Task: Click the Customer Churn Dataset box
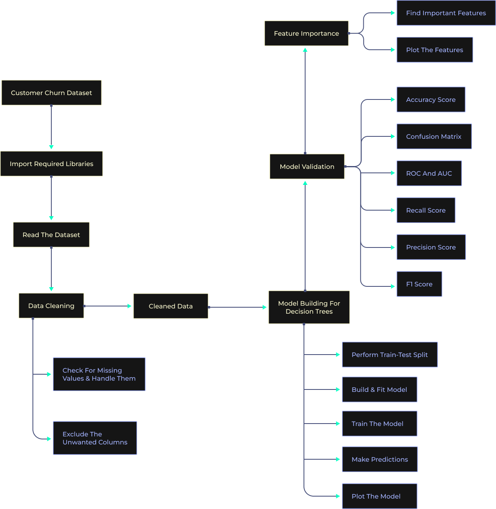51,93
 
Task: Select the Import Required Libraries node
51,164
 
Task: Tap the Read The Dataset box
51,235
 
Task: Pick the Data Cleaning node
51,306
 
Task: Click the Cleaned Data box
170,306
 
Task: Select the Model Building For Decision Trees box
309,307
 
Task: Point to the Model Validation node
307,166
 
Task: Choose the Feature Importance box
306,33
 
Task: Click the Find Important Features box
446,13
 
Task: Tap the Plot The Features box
435,50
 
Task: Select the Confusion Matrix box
434,136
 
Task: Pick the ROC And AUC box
429,173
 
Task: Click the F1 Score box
419,284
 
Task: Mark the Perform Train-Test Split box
390,355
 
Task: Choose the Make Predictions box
380,459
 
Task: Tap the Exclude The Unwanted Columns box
95,438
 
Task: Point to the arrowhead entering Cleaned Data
130,306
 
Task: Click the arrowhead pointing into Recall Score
393,210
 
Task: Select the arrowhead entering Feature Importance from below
305,50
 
